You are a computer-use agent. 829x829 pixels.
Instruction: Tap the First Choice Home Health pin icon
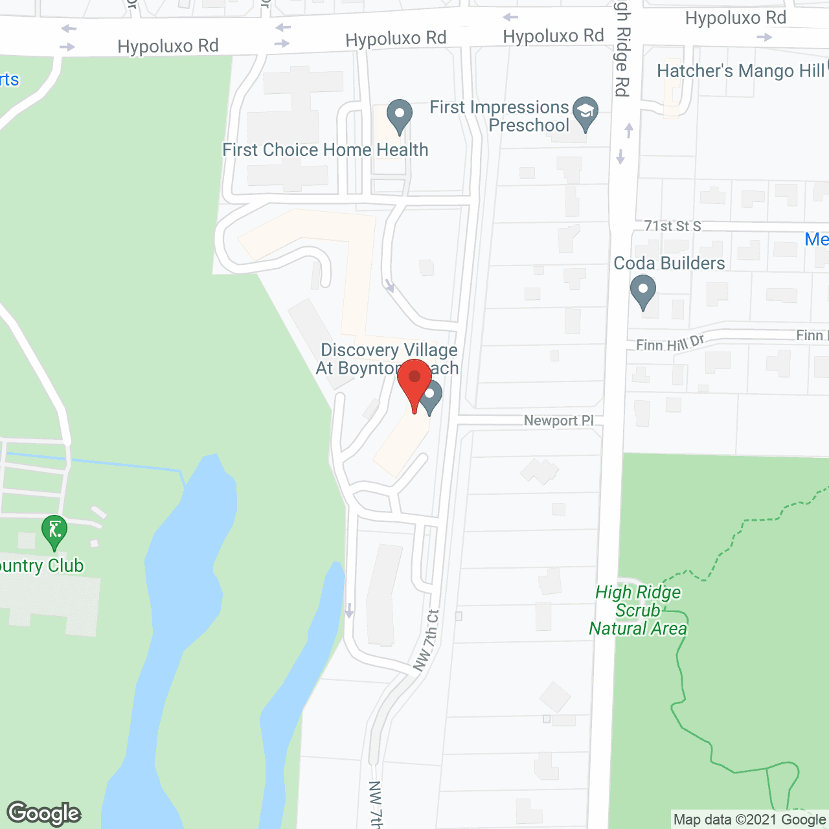(400, 116)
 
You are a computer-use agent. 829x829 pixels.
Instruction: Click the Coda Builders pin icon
(643, 291)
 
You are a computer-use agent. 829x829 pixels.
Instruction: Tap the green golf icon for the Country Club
(54, 532)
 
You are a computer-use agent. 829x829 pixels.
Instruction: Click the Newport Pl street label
(558, 421)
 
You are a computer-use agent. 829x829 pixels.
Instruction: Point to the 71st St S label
(672, 226)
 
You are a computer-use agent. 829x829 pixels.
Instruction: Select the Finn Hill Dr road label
(670, 343)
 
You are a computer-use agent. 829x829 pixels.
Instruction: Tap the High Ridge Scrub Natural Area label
(638, 610)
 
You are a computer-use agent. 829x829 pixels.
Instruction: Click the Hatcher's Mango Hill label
(740, 71)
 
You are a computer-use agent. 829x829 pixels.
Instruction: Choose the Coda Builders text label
(669, 263)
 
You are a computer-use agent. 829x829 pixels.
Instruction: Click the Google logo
(44, 813)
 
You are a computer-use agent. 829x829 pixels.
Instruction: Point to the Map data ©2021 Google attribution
(749, 820)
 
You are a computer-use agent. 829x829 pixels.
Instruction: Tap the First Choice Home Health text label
(325, 150)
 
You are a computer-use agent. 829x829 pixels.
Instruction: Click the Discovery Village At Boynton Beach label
(388, 359)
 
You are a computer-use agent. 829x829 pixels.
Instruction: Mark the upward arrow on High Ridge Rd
(628, 130)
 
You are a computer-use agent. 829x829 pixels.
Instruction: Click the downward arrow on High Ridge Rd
(620, 157)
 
